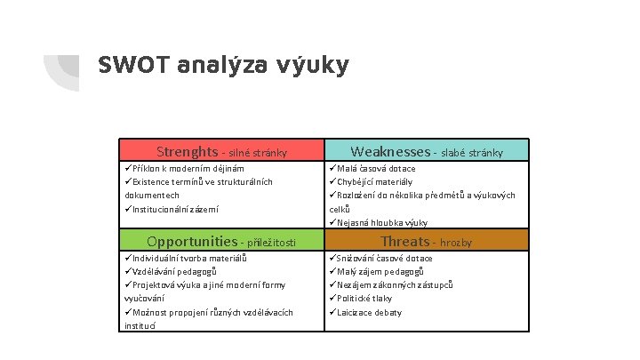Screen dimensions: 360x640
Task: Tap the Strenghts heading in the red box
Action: [x=187, y=151]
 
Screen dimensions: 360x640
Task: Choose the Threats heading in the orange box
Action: [x=404, y=242]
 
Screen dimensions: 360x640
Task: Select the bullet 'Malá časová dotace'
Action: [x=377, y=168]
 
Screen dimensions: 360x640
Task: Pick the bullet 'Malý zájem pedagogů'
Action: [x=380, y=271]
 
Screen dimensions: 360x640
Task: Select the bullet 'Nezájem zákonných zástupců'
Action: [x=395, y=284]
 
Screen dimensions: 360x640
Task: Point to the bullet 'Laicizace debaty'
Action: [x=370, y=312]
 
